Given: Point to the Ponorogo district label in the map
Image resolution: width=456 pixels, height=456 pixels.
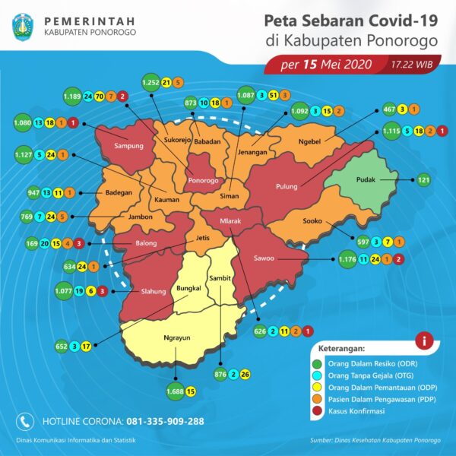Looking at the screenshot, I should [202, 180].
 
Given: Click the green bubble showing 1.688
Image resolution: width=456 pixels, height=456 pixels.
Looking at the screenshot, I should [174, 391].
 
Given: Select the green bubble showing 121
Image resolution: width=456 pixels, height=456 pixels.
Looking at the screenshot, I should [425, 180].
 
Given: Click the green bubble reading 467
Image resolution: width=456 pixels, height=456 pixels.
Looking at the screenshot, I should [390, 109].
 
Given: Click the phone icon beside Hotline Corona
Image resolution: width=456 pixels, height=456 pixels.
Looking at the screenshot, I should [24, 420].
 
